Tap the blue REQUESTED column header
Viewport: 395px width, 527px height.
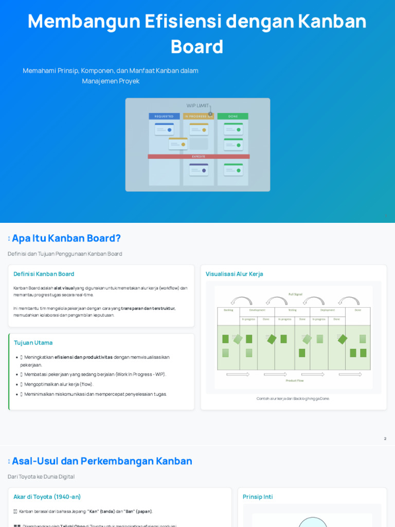tap(164, 116)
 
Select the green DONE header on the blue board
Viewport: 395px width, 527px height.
tap(233, 116)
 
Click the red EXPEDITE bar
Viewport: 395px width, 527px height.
tap(199, 156)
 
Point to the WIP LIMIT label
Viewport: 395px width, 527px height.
tap(197, 106)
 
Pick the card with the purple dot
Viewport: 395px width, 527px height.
tap(199, 169)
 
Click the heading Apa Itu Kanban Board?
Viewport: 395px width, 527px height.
tap(66, 238)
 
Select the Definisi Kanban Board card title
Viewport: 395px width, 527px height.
tap(44, 274)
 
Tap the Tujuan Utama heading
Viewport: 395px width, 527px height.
tap(33, 343)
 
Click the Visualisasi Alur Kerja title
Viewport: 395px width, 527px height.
tap(234, 274)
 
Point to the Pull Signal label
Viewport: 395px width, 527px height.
tap(295, 294)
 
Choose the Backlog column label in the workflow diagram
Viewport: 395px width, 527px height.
tap(228, 310)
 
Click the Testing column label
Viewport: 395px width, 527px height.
tap(292, 310)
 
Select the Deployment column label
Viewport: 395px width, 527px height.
tap(327, 310)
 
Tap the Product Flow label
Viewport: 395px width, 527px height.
tap(295, 380)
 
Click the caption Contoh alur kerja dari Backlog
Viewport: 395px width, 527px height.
tap(293, 398)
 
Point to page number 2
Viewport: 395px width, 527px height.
tap(385, 438)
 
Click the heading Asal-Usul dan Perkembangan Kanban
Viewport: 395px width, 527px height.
tap(102, 461)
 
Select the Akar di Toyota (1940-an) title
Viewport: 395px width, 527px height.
tap(47, 497)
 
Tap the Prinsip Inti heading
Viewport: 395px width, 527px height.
tap(258, 497)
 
